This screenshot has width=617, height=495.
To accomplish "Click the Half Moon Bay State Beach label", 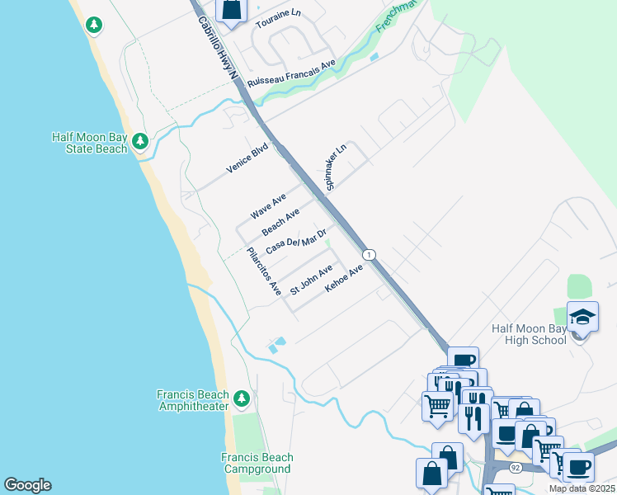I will pos(89,143).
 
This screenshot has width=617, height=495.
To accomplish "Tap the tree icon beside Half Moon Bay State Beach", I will pos(140,141).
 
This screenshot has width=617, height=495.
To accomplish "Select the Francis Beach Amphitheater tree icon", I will pos(242,399).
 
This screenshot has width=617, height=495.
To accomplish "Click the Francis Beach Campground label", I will pos(257,464).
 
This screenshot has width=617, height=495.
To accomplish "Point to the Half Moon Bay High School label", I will pos(529,334).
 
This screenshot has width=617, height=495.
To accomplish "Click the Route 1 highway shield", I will pos(370,254).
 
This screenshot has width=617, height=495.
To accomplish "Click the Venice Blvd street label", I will pos(248,158).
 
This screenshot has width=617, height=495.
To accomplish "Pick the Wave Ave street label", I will pos(268,206).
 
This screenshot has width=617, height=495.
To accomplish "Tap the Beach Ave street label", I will pos(280,222).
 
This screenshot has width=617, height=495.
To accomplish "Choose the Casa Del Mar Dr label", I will pos(296,240).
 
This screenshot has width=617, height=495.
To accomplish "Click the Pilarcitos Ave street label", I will pos(264,271).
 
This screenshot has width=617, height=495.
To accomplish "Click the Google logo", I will pos(27,485).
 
